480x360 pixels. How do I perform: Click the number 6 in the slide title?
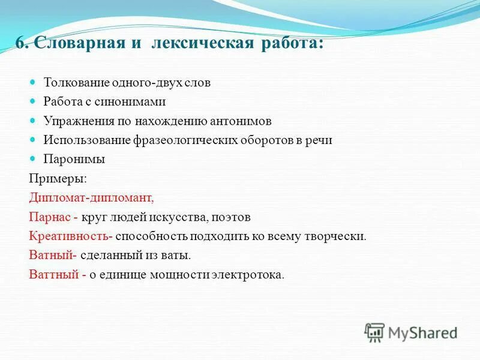[x=20, y=45]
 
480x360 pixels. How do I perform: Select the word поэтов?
[x=234, y=217]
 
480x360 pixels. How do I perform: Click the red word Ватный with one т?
[x=50, y=256]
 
